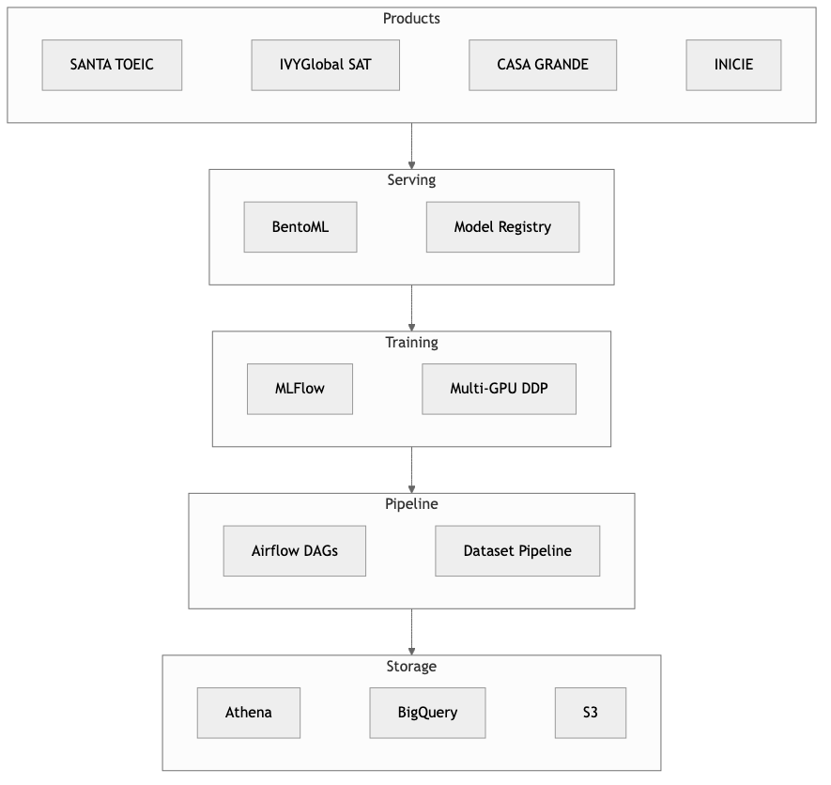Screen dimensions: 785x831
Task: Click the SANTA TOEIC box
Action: [x=112, y=65]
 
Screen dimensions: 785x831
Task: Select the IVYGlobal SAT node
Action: [x=326, y=65]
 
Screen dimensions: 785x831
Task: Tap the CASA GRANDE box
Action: [x=543, y=65]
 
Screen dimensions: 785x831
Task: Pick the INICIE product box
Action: [x=733, y=65]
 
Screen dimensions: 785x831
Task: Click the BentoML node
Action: [x=300, y=227]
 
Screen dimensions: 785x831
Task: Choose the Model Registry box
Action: [x=502, y=227]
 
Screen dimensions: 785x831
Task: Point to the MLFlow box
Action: [x=300, y=389]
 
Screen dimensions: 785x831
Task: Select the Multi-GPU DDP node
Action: [x=499, y=389]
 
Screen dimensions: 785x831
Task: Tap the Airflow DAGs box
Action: [x=294, y=551]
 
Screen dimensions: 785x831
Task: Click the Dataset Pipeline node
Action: [x=517, y=551]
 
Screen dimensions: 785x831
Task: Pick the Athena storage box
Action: [x=249, y=713]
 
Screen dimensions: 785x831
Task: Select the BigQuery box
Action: [x=427, y=713]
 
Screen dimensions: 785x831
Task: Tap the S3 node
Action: [x=590, y=713]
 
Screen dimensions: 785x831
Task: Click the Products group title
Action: [x=411, y=19]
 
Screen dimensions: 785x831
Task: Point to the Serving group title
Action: [x=411, y=180]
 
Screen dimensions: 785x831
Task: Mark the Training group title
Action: [x=411, y=343]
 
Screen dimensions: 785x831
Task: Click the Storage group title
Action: [x=411, y=667]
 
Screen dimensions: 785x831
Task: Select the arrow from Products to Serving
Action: [x=411, y=146]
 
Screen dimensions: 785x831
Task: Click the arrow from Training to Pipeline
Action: [x=411, y=469]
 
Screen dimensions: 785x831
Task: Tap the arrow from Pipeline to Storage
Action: [x=411, y=631]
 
